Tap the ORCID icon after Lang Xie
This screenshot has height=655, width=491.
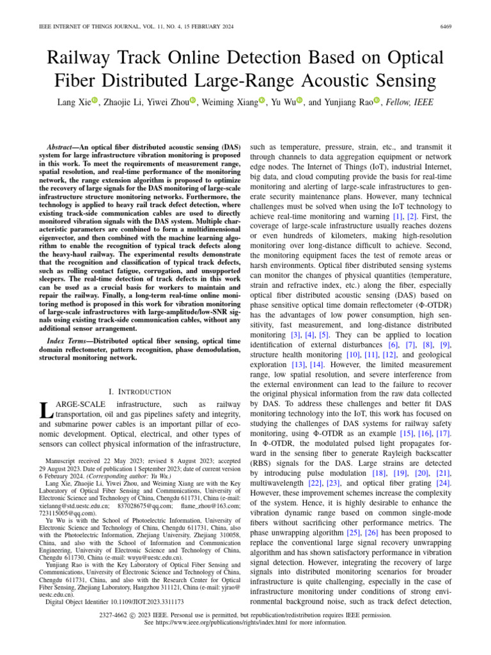93,102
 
